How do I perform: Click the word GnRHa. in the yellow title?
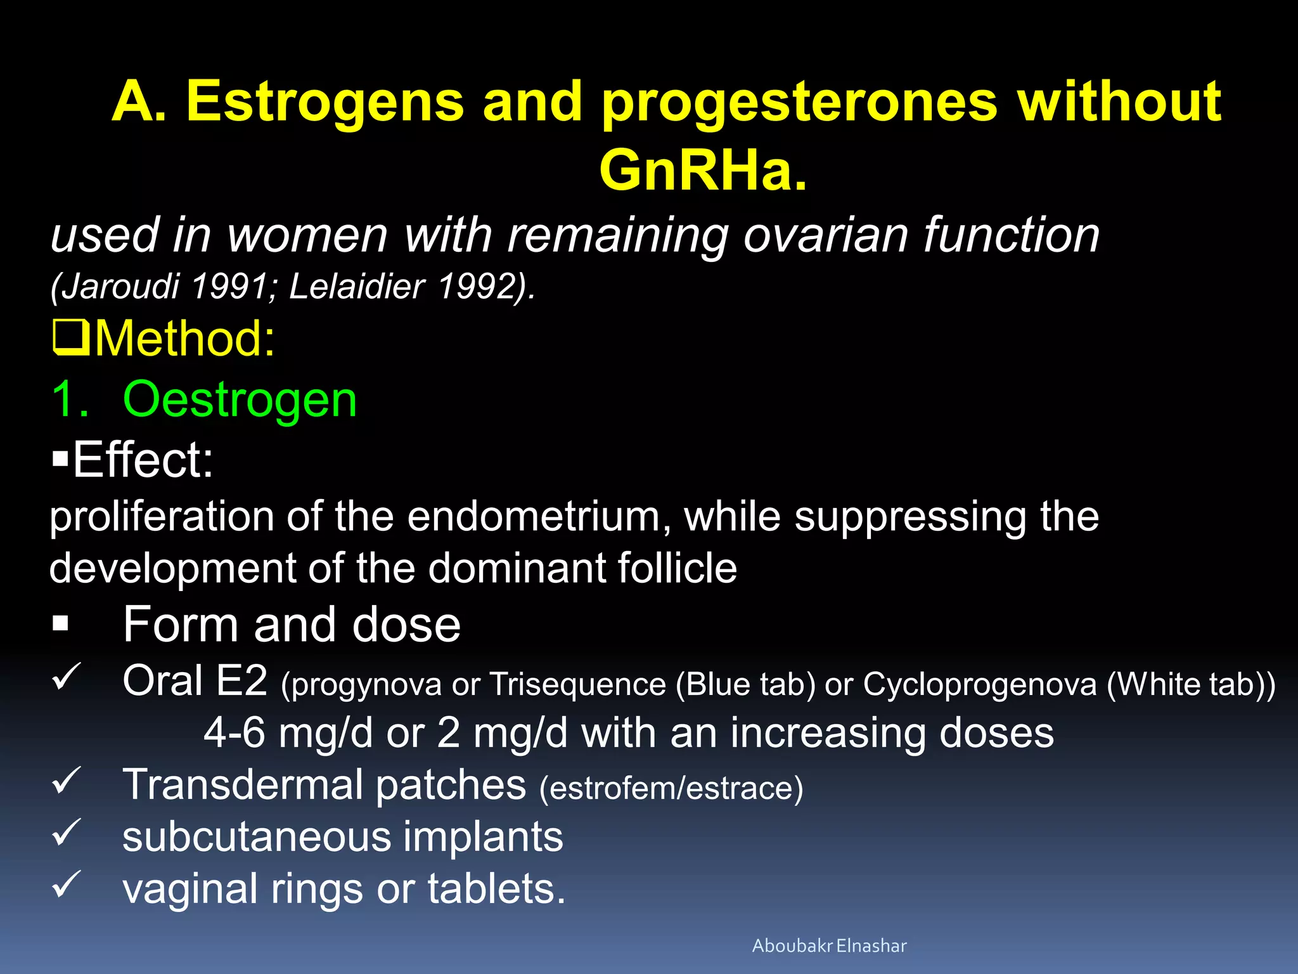pyautogui.click(x=704, y=170)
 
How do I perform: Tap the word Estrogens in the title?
pyautogui.click(x=325, y=101)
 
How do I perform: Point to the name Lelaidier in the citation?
pyautogui.click(x=357, y=286)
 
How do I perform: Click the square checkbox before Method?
pyautogui.click(x=70, y=338)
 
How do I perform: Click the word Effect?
pyautogui.click(x=143, y=460)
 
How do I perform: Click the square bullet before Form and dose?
pyautogui.click(x=61, y=624)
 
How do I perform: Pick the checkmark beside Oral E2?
pyautogui.click(x=65, y=677)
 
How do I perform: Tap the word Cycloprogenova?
pyautogui.click(x=979, y=685)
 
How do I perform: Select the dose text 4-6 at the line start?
pyautogui.click(x=234, y=733)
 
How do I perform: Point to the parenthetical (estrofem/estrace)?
pyautogui.click(x=671, y=789)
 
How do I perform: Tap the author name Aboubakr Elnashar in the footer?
pyautogui.click(x=829, y=945)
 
